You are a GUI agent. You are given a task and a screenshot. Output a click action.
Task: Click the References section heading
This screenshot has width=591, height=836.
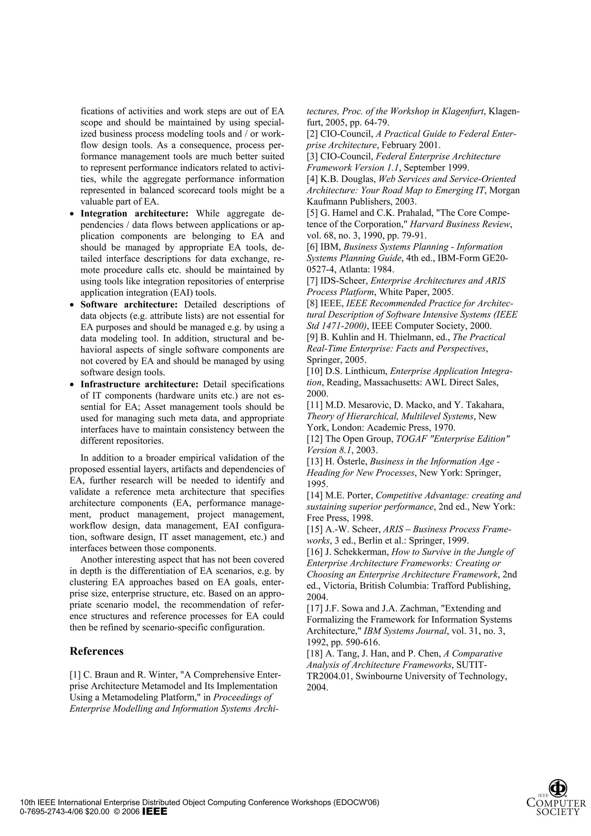96,651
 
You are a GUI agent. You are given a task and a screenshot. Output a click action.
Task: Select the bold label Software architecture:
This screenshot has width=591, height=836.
129,304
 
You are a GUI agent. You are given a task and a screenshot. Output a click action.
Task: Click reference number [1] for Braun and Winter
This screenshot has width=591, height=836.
75,675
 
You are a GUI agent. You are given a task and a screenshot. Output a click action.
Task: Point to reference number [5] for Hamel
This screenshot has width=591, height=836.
312,213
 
